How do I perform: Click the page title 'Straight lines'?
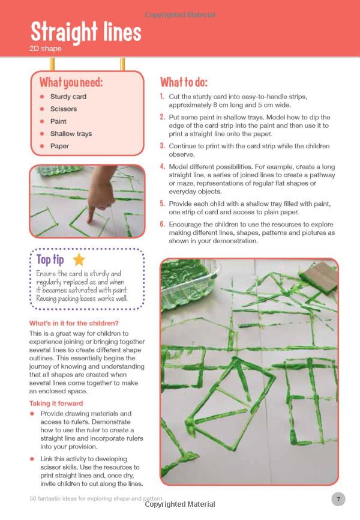click(86, 32)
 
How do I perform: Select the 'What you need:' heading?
click(71, 82)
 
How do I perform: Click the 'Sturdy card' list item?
click(68, 97)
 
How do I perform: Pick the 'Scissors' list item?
click(64, 109)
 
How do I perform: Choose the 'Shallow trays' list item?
click(71, 134)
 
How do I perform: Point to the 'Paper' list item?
click(59, 146)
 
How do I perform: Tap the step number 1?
click(162, 97)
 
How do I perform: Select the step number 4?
click(162, 166)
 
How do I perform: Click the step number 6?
click(162, 224)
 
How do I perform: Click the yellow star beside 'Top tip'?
click(79, 259)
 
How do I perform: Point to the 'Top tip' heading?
click(52, 259)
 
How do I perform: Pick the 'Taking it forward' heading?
click(56, 404)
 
